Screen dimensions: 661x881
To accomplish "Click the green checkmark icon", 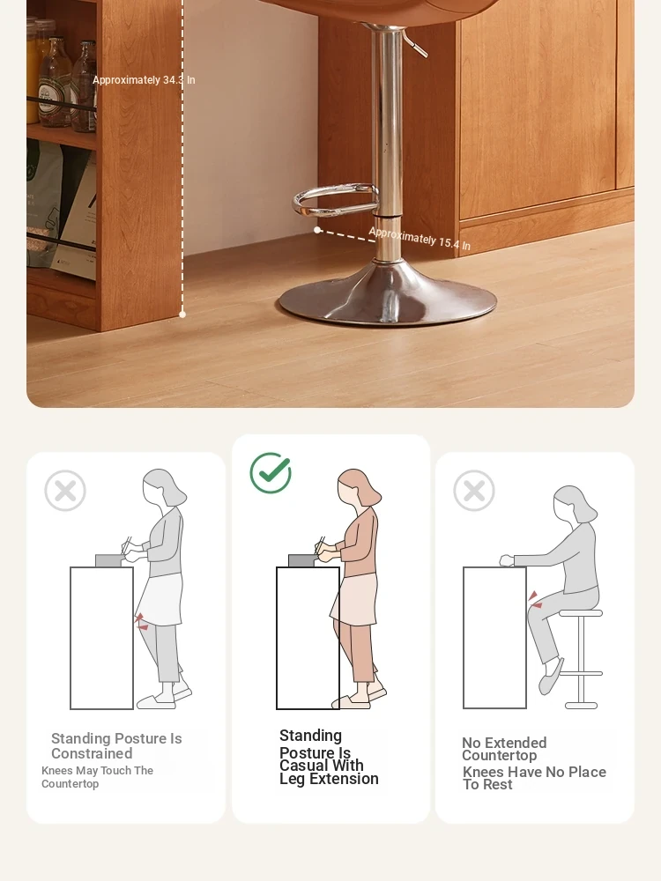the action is (x=271, y=472).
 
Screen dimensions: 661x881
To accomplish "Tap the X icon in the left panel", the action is (x=65, y=491).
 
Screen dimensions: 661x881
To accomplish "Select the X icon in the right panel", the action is (x=474, y=491).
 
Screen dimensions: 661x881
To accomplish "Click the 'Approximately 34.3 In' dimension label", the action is (x=144, y=80).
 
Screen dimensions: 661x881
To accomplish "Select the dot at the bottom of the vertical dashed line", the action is (x=182, y=315).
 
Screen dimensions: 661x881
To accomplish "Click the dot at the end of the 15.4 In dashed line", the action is (x=317, y=230).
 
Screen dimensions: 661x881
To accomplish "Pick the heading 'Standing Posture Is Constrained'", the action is (x=116, y=745).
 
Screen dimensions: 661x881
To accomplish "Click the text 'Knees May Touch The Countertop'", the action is (x=97, y=777).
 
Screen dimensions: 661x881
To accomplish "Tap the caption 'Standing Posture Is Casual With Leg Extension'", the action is (x=329, y=757).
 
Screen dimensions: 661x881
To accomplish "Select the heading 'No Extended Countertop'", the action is (x=504, y=749).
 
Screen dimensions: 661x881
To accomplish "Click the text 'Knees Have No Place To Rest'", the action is (x=534, y=778).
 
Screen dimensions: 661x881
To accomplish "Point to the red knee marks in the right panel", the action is (x=534, y=599).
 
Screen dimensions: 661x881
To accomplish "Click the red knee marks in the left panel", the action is (x=141, y=621).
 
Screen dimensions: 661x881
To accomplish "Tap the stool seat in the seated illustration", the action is (x=581, y=613).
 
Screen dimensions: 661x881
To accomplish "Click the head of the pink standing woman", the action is (x=359, y=488).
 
